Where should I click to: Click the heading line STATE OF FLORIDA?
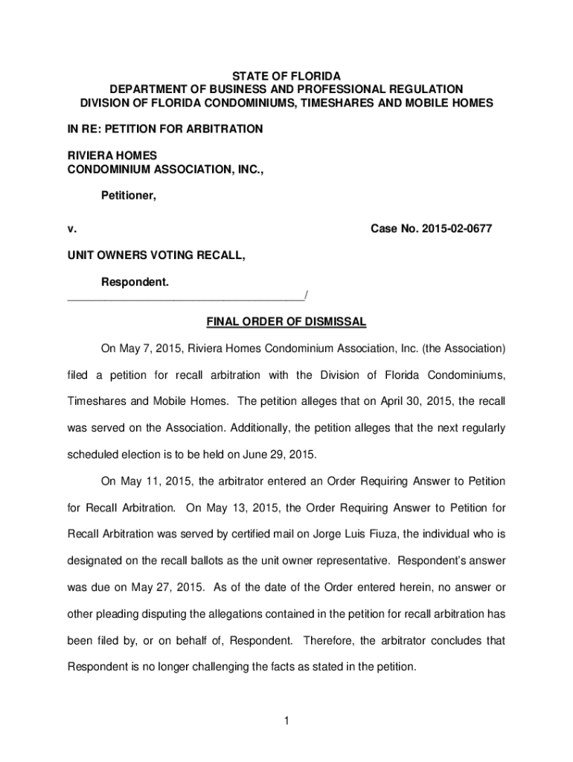click(286, 77)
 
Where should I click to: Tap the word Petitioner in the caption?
click(129, 196)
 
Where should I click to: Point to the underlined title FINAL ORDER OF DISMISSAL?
click(286, 322)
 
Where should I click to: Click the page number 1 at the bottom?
click(286, 720)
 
